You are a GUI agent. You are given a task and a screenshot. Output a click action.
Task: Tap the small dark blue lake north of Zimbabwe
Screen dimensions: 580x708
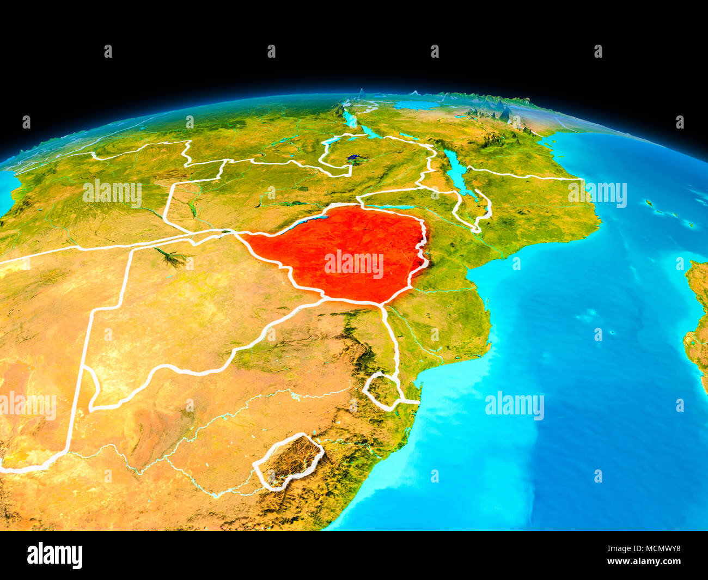356,158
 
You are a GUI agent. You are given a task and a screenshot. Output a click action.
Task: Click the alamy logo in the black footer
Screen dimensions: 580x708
54,555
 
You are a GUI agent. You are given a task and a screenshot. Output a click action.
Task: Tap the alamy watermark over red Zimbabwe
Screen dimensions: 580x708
354,264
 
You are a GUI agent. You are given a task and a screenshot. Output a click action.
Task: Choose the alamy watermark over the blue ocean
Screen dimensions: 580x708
514,406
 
